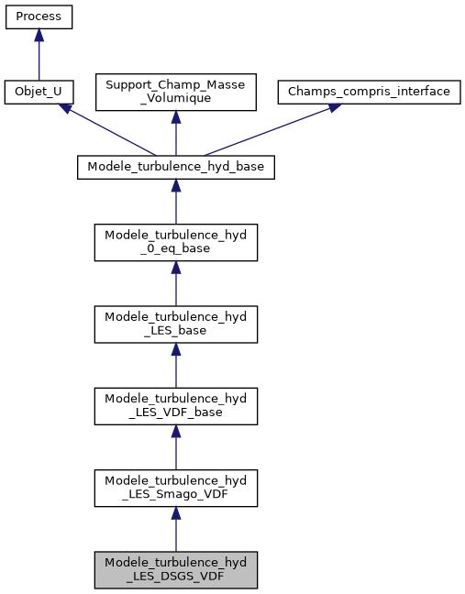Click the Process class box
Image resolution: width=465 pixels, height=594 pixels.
(x=39, y=17)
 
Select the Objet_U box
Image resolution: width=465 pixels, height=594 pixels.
(x=39, y=93)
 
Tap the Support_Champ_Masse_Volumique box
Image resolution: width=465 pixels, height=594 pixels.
(x=175, y=93)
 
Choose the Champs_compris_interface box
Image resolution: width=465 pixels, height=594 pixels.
(x=369, y=93)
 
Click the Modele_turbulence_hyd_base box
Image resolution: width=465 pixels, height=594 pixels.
(x=175, y=168)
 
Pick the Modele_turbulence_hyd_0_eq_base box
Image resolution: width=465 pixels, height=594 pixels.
(x=175, y=241)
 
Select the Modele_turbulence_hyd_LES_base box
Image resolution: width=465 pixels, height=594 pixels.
(x=175, y=323)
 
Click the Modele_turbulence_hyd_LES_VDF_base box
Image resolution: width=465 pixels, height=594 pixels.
(x=175, y=405)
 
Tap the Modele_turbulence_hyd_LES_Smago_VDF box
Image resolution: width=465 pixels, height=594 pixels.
(x=175, y=488)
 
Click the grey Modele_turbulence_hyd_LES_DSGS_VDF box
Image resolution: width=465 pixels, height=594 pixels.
(x=175, y=569)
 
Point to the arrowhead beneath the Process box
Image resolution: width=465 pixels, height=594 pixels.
(x=39, y=35)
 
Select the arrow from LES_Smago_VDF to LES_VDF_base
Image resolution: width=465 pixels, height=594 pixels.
(x=175, y=447)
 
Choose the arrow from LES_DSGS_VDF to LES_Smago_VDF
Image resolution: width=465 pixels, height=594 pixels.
(x=175, y=530)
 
